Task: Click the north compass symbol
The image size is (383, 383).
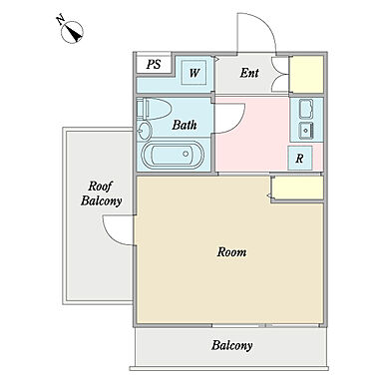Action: coord(72,32)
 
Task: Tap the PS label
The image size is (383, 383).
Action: coord(154,64)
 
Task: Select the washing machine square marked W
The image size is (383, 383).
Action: coord(194,72)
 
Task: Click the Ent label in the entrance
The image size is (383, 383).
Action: coord(249,73)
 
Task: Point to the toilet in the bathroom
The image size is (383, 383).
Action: coord(154,109)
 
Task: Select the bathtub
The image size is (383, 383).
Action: coord(173,155)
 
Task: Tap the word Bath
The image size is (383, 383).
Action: coord(185,125)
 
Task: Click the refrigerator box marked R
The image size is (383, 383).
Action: coord(300,158)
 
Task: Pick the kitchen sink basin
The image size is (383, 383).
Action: coord(306,131)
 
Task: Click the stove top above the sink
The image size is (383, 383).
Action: coord(306,109)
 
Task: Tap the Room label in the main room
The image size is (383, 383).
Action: coord(232,252)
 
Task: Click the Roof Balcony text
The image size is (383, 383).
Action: coord(101,193)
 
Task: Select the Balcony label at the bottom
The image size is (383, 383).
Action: coord(232,345)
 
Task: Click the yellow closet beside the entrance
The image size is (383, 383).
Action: coord(306,74)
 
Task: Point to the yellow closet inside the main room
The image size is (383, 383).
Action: coord(297,189)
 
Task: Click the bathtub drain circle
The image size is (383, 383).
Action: coord(186,154)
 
